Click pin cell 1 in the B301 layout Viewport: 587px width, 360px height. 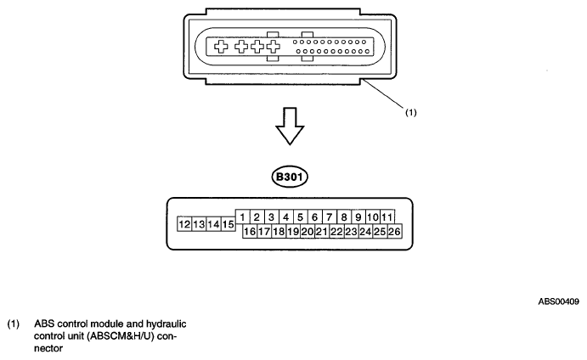point(243,217)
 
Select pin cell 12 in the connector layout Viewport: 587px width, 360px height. point(184,224)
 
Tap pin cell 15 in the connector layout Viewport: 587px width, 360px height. point(228,224)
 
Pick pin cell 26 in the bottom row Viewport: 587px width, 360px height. point(394,232)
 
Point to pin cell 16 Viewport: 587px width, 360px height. point(250,232)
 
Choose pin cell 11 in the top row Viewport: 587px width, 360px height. point(387,217)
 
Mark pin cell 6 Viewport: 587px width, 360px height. point(315,217)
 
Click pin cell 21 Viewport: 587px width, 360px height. point(322,232)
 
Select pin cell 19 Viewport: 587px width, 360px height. point(293,232)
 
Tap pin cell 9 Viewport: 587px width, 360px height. point(358,217)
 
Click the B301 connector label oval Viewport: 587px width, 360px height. point(290,177)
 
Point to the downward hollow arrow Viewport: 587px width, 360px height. point(290,127)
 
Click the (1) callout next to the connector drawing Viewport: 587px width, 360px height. point(411,112)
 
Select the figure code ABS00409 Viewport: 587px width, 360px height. point(559,301)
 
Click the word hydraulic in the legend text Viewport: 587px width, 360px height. point(166,323)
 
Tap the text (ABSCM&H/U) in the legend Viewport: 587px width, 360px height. point(121,336)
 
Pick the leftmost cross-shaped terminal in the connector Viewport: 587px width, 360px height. point(221,47)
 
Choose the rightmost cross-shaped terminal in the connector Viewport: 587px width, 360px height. point(274,47)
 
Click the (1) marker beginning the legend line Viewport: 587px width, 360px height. point(14,323)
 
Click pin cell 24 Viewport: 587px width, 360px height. point(365,232)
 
